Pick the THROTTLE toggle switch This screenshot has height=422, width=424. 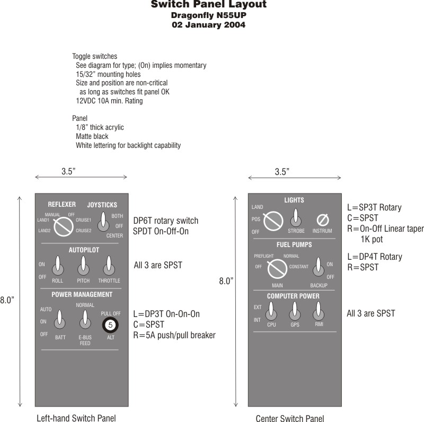point(109,265)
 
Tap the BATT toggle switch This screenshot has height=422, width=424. point(60,320)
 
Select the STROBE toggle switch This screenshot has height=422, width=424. point(296,218)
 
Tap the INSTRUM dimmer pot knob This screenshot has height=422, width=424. point(322,219)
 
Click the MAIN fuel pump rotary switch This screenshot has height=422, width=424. point(277,268)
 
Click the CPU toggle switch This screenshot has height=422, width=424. point(271,310)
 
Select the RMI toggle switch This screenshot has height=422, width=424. point(319,310)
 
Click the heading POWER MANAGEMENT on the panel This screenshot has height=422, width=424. point(82,294)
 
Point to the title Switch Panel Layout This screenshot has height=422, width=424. point(208,5)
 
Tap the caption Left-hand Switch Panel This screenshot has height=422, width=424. point(76,418)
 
